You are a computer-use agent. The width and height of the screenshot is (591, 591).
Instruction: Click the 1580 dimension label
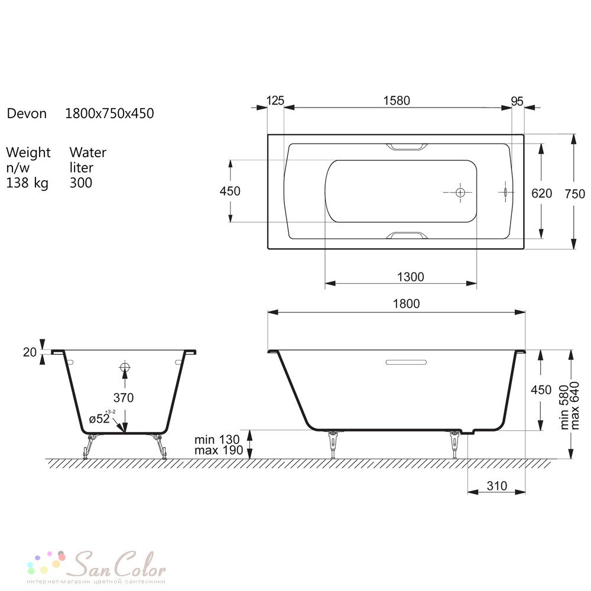397,100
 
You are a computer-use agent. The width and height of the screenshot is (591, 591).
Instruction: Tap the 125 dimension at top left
275,100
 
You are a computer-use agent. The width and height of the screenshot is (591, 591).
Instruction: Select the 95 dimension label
517,101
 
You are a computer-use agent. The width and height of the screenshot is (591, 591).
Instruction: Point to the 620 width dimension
541,193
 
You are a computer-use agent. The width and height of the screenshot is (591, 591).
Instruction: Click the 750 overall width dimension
575,194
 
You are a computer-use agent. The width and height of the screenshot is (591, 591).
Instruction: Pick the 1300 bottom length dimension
411,277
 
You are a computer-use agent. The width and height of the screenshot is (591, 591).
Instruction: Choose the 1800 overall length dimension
407,304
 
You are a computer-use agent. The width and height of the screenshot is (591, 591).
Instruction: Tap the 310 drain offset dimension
497,486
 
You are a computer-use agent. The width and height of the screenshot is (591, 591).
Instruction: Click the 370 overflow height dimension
124,398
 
